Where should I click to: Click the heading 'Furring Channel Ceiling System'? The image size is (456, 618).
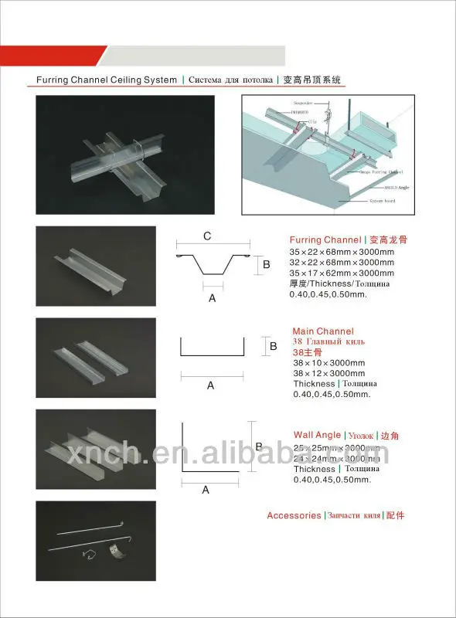click(107, 80)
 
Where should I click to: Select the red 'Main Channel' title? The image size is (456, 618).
click(322, 331)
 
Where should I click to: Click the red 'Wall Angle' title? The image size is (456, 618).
click(317, 436)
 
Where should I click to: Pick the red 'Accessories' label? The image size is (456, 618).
click(293, 515)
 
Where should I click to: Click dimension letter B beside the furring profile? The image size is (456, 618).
click(266, 265)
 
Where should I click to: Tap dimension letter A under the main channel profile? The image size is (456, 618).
click(209, 385)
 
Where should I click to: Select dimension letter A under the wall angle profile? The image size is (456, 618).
click(206, 489)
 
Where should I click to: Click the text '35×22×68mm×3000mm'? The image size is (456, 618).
click(341, 252)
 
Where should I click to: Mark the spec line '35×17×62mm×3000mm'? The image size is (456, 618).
click(341, 273)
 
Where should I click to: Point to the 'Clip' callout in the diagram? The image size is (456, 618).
click(313, 121)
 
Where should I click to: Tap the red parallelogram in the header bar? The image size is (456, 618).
click(53, 56)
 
